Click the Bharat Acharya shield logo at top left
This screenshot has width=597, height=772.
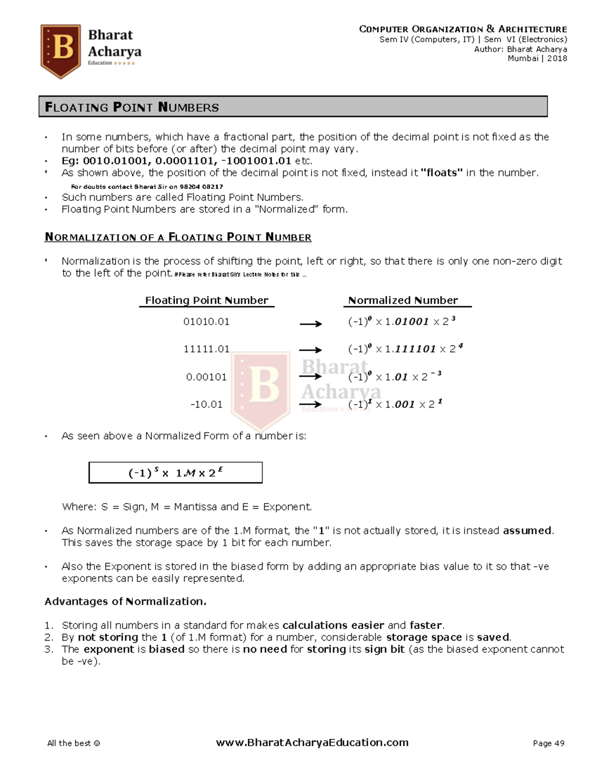pyautogui.click(x=60, y=51)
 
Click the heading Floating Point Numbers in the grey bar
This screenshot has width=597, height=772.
pyautogui.click(x=132, y=107)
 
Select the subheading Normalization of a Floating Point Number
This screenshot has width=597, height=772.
pyautogui.click(x=178, y=237)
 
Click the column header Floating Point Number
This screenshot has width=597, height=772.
pyautogui.click(x=206, y=300)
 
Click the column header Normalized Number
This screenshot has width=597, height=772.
pyautogui.click(x=402, y=300)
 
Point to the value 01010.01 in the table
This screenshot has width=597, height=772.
pyautogui.click(x=206, y=322)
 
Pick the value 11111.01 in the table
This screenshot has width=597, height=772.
pyautogui.click(x=206, y=349)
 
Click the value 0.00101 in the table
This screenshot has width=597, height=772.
pyautogui.click(x=206, y=377)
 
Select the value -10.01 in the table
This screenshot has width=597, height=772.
pyautogui.click(x=206, y=404)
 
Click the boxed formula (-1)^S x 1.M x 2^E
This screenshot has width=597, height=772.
pyautogui.click(x=175, y=473)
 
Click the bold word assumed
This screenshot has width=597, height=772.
pyautogui.click(x=527, y=530)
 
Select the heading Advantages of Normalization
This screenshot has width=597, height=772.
pyautogui.click(x=125, y=601)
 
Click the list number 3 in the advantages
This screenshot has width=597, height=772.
pyautogui.click(x=48, y=649)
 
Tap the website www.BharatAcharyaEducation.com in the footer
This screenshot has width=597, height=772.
pyautogui.click(x=312, y=743)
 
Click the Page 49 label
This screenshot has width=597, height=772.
pyautogui.click(x=548, y=743)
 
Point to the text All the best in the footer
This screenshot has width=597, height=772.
pyautogui.click(x=73, y=743)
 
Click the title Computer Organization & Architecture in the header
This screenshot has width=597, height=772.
pyautogui.click(x=463, y=29)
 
